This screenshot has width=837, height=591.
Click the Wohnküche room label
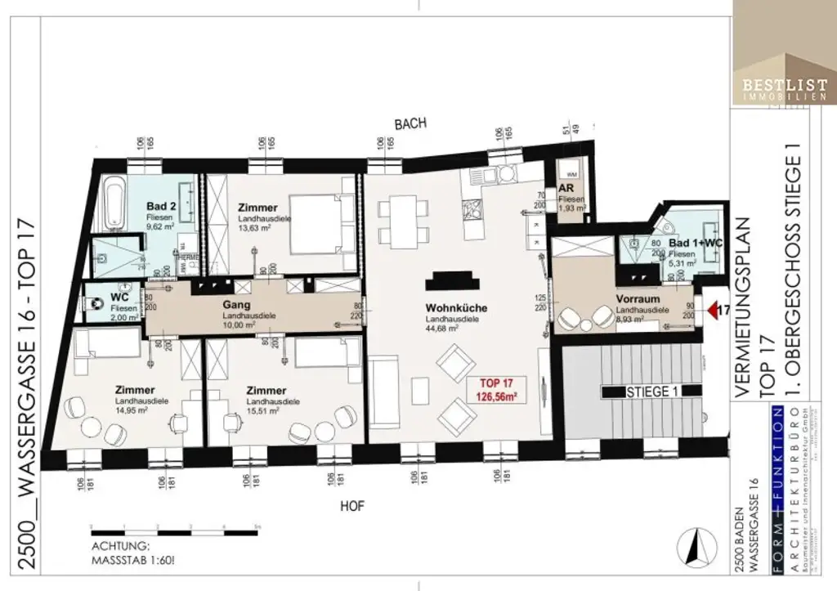(x=457, y=308)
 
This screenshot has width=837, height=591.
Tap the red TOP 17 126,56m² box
(x=498, y=391)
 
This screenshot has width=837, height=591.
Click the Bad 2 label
(x=159, y=206)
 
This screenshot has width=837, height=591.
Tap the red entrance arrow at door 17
(x=712, y=310)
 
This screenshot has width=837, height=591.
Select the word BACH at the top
(x=410, y=123)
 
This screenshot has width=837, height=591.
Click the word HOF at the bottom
(x=351, y=507)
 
